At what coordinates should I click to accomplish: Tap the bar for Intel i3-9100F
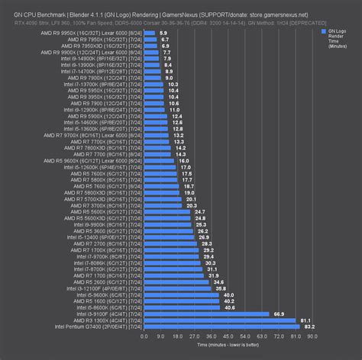[x=206, y=313]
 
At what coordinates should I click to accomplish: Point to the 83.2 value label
[x=309, y=326]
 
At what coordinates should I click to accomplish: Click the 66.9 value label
[x=280, y=313]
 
